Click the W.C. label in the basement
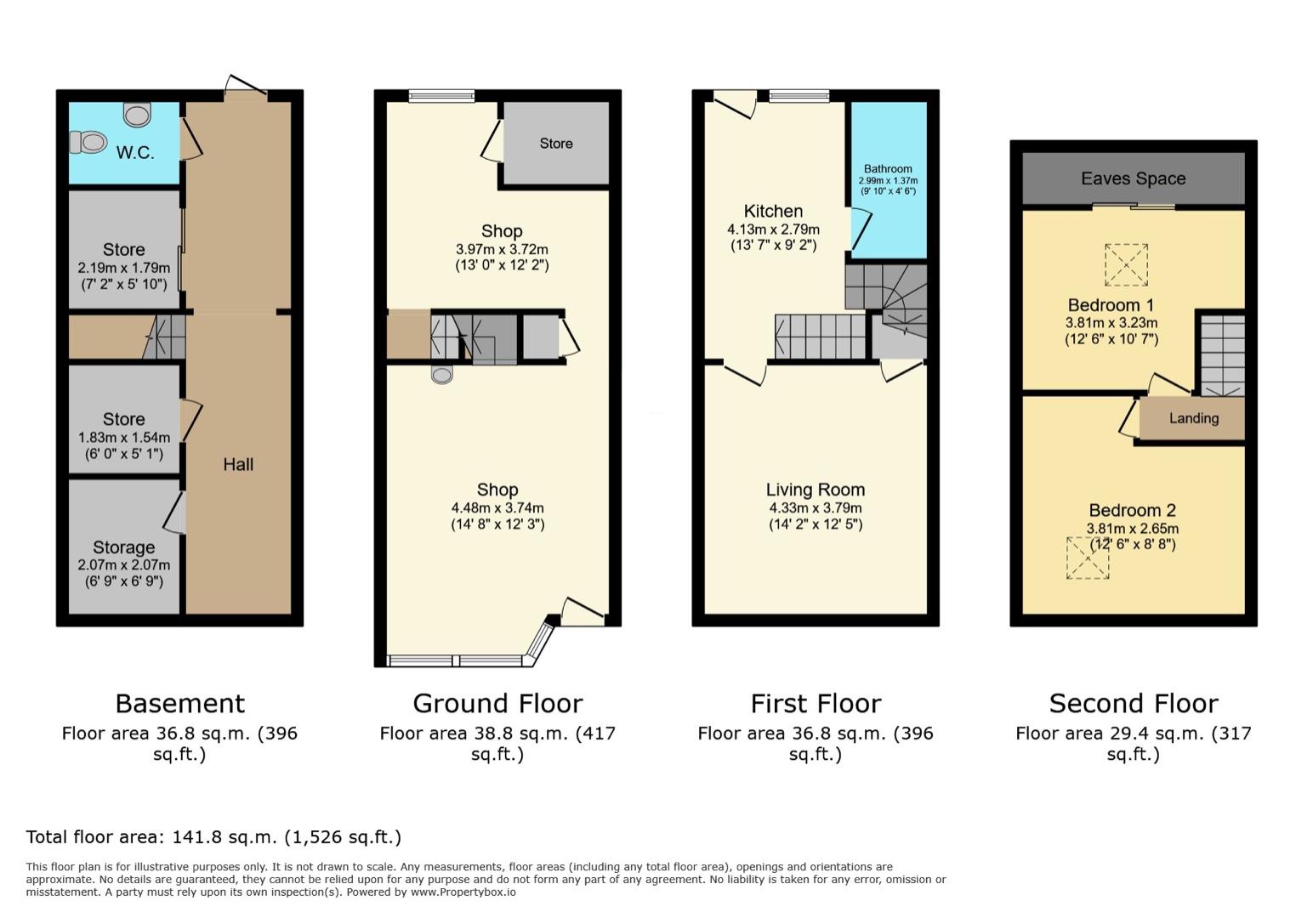click(135, 153)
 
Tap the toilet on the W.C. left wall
click(88, 142)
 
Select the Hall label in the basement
click(238, 464)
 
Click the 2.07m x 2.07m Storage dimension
click(123, 565)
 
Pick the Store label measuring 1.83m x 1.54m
click(123, 419)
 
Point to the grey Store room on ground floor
click(556, 144)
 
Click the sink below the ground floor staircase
click(441, 374)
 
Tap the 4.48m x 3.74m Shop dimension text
click(497, 508)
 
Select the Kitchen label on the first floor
click(773, 211)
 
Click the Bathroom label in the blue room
click(888, 169)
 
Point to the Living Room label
click(816, 490)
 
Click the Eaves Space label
click(1133, 178)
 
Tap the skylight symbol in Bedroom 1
click(1126, 264)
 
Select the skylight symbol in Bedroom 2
click(1088, 558)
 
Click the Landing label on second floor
click(1193, 418)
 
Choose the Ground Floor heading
click(497, 704)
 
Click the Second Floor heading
click(1133, 704)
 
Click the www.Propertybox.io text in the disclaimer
click(463, 892)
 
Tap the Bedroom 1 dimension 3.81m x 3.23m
click(1111, 323)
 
